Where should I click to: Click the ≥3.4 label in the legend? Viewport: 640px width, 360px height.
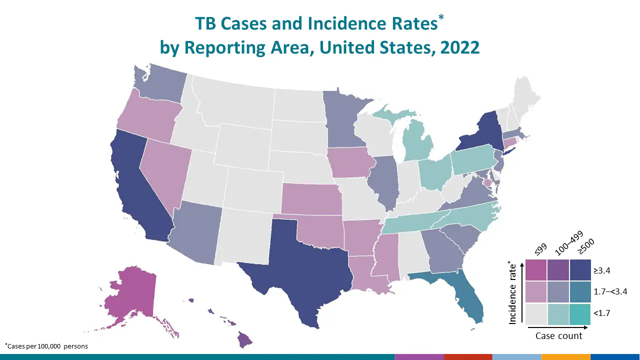602,270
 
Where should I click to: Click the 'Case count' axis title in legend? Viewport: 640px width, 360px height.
558,335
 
